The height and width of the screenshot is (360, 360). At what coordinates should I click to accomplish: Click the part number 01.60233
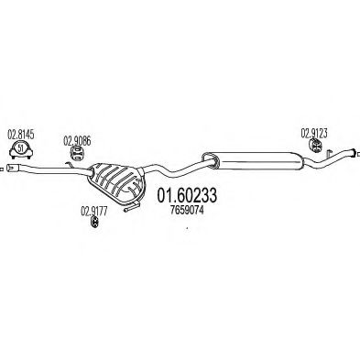pyautogui.click(x=187, y=195)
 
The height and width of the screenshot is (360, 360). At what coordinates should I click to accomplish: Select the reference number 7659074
pyautogui.click(x=187, y=211)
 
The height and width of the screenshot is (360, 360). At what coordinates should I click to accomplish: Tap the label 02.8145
pyautogui.click(x=20, y=135)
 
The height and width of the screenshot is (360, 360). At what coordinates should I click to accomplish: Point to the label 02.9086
pyautogui.click(x=77, y=141)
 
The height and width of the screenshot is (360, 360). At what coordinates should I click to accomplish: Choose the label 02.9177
pyautogui.click(x=94, y=212)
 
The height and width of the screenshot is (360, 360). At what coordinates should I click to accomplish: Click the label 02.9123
pyautogui.click(x=314, y=134)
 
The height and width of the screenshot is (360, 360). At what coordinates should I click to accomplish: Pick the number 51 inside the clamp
pyautogui.click(x=20, y=149)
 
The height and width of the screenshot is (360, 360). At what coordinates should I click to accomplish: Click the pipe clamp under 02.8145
pyautogui.click(x=20, y=150)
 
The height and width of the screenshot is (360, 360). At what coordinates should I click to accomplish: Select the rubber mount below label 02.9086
pyautogui.click(x=77, y=153)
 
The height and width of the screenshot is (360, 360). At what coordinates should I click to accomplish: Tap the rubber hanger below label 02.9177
pyautogui.click(x=94, y=223)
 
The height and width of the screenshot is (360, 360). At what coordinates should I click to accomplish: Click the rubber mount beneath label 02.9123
pyautogui.click(x=315, y=146)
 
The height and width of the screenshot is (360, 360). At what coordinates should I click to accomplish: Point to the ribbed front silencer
pyautogui.click(x=115, y=180)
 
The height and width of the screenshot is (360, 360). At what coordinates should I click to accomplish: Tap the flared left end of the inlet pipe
pyautogui.click(x=14, y=169)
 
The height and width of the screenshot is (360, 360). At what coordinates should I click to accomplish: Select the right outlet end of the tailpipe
pyautogui.click(x=352, y=152)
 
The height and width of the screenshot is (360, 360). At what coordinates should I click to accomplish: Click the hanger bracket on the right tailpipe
pyautogui.click(x=329, y=154)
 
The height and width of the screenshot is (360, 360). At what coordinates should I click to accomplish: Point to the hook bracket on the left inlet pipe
pyautogui.click(x=70, y=165)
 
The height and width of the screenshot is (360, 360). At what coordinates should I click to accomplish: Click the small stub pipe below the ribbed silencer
pyautogui.click(x=131, y=206)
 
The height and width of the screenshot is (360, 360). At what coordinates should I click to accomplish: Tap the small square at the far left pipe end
pyautogui.click(x=1, y=169)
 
